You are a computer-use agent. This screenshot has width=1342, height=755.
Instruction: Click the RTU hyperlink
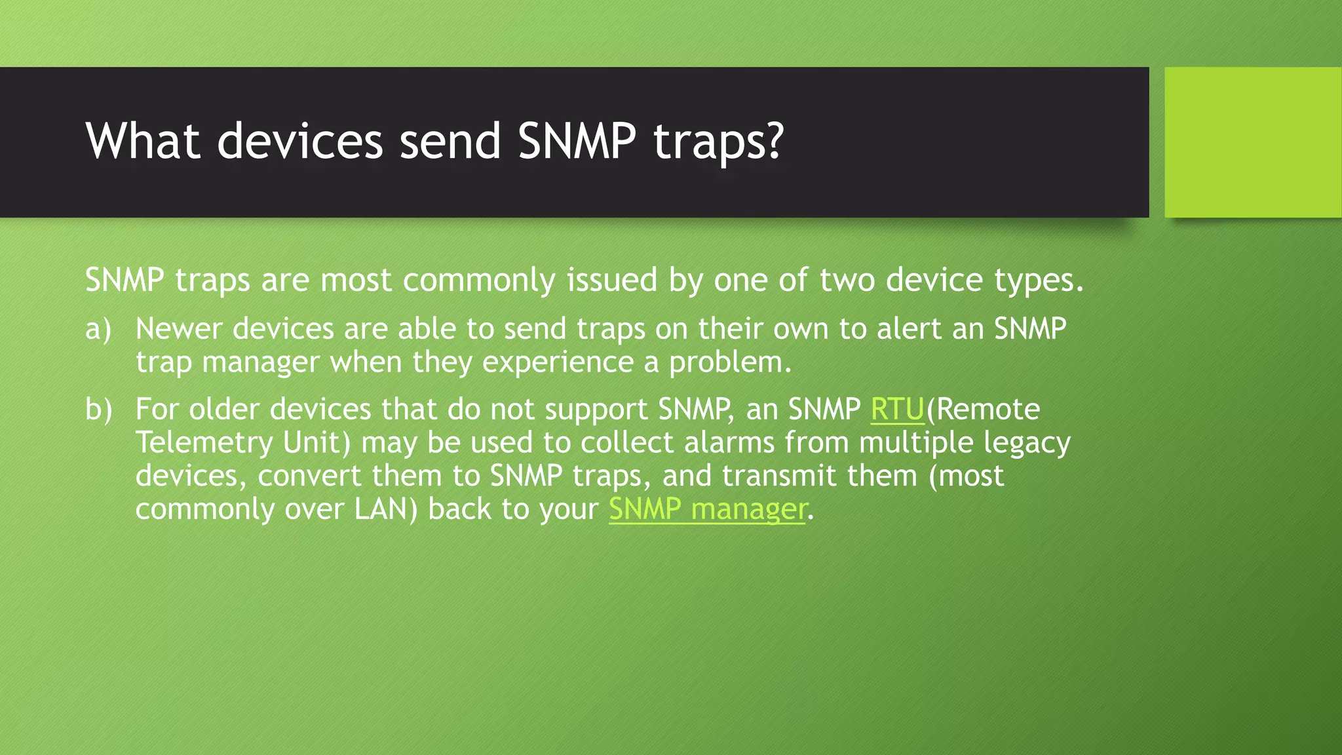(897, 410)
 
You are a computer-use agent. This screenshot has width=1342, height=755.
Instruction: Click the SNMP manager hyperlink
(707, 509)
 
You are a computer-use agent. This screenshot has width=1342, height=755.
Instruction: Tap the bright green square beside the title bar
(1252, 142)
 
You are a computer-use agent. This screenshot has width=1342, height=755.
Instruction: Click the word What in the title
(143, 141)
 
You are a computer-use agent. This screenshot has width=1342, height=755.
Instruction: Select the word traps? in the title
(719, 142)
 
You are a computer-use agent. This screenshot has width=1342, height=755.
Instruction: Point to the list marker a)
(98, 329)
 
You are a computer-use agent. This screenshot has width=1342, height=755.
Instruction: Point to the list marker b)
(98, 410)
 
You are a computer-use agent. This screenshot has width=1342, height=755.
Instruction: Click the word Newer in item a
(179, 329)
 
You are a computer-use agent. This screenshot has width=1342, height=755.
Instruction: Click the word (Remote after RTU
(983, 410)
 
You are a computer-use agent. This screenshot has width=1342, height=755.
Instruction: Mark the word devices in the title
(299, 141)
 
